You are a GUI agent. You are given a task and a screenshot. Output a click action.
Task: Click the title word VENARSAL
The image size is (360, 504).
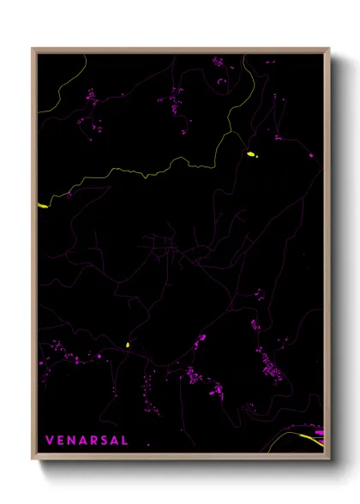[x=87, y=441]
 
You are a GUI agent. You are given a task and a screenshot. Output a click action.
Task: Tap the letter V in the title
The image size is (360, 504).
[x=50, y=441]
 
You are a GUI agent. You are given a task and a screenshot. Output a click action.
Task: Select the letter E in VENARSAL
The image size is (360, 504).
[x=61, y=441]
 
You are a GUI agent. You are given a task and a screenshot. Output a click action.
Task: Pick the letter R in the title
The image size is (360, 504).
[x=94, y=441]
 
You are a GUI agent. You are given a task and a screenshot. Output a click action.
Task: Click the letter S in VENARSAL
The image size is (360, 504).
[x=105, y=441]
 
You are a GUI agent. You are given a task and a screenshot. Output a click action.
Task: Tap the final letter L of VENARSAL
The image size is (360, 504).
[x=125, y=441]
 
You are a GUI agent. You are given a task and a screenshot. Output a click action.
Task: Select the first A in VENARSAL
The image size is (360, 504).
[x=83, y=441]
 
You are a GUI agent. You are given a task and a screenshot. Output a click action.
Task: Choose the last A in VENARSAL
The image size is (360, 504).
[x=115, y=441]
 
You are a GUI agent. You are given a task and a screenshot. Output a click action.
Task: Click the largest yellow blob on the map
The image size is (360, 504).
[x=252, y=154]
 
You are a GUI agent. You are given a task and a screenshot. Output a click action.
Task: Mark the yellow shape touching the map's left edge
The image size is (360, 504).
[x=42, y=206]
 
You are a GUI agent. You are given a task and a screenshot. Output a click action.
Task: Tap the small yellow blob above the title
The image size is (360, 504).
[x=127, y=345]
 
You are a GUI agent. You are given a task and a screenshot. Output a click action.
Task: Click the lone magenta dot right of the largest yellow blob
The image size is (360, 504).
[x=311, y=156]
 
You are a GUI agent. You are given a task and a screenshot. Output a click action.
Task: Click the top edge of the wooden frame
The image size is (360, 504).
[x=180, y=49]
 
